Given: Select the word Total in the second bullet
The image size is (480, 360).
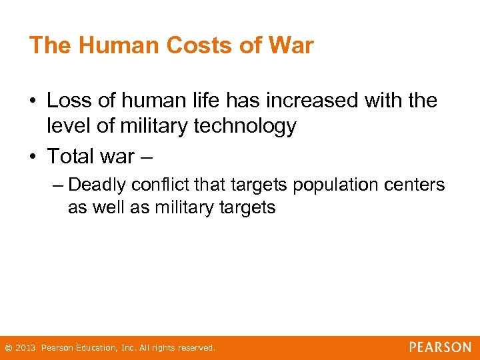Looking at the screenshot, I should [71, 156].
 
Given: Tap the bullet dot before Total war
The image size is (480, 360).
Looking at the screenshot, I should [33, 157].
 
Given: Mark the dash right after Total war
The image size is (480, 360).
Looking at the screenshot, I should [147, 157].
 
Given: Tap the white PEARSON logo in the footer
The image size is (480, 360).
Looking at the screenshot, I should [440, 347].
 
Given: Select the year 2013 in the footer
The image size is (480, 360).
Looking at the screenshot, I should [25, 348].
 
